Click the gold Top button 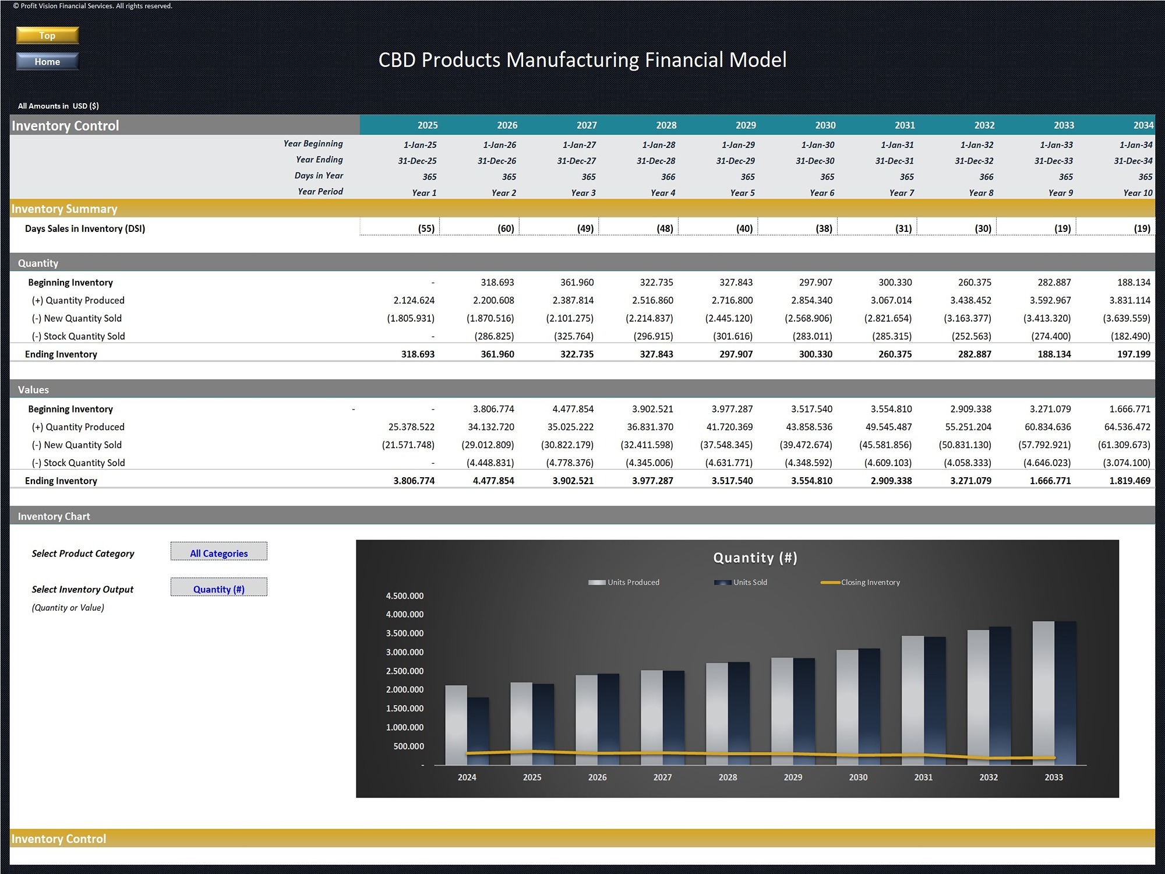pyautogui.click(x=47, y=36)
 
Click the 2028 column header pyautogui.click(x=666, y=125)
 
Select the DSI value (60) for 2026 pyautogui.click(x=506, y=228)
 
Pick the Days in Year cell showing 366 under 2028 pyautogui.click(x=668, y=177)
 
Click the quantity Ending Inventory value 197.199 pyautogui.click(x=1134, y=354)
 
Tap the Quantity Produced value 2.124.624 pyautogui.click(x=414, y=300)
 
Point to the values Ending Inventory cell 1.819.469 pyautogui.click(x=1129, y=481)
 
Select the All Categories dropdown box pyautogui.click(x=219, y=551)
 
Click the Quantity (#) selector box pyautogui.click(x=219, y=587)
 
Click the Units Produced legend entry pyautogui.click(x=624, y=582)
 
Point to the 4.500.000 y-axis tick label pyautogui.click(x=405, y=595)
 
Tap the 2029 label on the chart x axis pyautogui.click(x=793, y=777)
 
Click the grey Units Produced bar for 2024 pyautogui.click(x=456, y=725)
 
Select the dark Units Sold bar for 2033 pyautogui.click(x=1065, y=693)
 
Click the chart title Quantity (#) pyautogui.click(x=755, y=558)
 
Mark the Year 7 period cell pyautogui.click(x=902, y=193)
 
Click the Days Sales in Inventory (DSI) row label pyautogui.click(x=85, y=228)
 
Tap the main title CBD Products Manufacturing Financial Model pyautogui.click(x=582, y=60)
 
